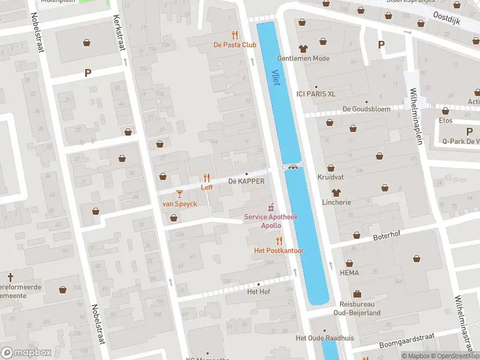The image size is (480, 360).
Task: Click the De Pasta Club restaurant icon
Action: pyautogui.click(x=235, y=35)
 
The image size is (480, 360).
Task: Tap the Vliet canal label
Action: pyautogui.click(x=276, y=77)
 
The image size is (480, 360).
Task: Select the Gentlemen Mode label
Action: pyautogui.click(x=303, y=58)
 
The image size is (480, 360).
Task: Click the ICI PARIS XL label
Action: pyautogui.click(x=316, y=94)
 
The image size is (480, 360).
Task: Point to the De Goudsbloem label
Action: pyautogui.click(x=366, y=109)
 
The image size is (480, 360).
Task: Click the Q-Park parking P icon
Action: pyautogui.click(x=469, y=131)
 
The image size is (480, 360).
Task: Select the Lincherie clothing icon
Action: pyautogui.click(x=336, y=193)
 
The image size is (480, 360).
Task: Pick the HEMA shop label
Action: pyautogui.click(x=349, y=272)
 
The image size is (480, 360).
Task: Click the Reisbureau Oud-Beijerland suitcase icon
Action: pyautogui.click(x=357, y=294)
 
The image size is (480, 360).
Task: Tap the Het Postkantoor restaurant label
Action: pyautogui.click(x=279, y=251)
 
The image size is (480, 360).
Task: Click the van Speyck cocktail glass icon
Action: pyautogui.click(x=179, y=193)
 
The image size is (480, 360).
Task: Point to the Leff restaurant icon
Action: pyautogui.click(x=206, y=178)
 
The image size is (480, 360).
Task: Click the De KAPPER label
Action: pyautogui.click(x=246, y=181)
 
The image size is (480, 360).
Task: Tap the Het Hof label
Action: pyautogui.click(x=259, y=292)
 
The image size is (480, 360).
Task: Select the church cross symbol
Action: pyautogui.click(x=10, y=277)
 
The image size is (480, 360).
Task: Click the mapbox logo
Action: pyautogui.click(x=26, y=352)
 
